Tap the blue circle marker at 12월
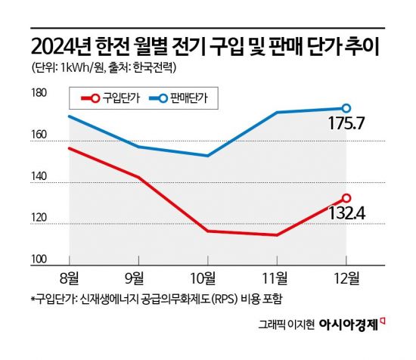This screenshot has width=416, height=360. pyautogui.click(x=346, y=108)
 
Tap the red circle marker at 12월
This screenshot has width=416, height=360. pyautogui.click(x=346, y=198)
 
